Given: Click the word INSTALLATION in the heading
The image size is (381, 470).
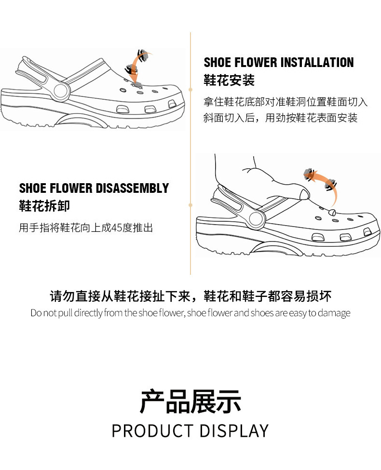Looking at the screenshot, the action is point(317,63).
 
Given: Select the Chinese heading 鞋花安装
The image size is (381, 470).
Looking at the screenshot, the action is point(229,81).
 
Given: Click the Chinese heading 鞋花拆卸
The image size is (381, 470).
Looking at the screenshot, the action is point(44,206).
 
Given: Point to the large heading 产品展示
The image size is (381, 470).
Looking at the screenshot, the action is point(190,402).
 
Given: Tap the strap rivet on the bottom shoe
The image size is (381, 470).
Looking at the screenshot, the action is point(256,220).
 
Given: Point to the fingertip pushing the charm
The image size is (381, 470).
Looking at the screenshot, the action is point(303,193).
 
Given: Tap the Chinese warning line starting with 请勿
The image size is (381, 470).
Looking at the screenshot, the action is point(190,296).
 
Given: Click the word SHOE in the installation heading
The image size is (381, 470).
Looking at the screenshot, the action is point(217,63).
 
